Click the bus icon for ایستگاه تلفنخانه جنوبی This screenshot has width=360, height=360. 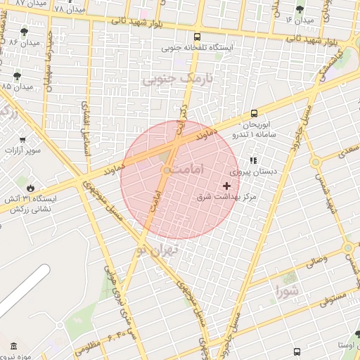click(197, 37)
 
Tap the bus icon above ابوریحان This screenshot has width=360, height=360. click(254, 112)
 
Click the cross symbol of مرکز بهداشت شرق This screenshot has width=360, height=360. click(226, 186)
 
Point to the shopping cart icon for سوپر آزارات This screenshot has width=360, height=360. click(23, 140)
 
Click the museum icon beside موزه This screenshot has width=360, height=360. click(14, 345)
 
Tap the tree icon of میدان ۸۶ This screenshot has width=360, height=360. click(25, 32)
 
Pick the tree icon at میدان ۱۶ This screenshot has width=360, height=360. click(300, 9)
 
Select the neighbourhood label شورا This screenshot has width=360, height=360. click(287, 289)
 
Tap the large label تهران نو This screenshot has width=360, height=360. click(157, 249)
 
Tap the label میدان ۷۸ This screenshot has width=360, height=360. click(68, 9)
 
